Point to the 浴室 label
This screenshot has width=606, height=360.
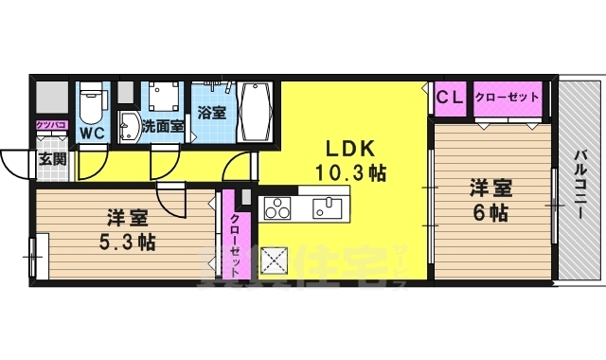point(212,112)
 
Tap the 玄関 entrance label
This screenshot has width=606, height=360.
point(51,158)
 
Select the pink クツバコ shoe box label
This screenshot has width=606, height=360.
point(50,124)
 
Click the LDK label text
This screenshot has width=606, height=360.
point(351,150)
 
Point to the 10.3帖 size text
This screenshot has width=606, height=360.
point(351,173)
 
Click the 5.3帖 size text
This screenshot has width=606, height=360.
point(127,241)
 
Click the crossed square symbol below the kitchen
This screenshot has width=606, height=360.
point(274,259)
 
